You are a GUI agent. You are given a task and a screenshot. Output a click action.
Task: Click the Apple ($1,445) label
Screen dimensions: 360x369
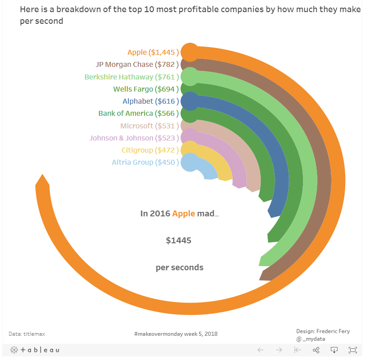coord(153,53)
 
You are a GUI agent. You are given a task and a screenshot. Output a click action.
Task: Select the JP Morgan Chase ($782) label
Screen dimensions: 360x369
coord(137,65)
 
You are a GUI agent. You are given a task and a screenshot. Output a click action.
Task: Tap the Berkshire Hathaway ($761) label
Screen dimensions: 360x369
coord(132,77)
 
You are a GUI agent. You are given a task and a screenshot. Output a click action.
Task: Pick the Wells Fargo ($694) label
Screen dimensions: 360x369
coord(146,89)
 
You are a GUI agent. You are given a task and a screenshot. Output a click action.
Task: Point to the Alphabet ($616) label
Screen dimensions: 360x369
coord(151,101)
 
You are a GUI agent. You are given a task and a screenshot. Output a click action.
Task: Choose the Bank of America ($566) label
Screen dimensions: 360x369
coord(139,114)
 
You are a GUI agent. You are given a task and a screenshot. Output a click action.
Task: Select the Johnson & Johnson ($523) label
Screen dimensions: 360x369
coord(134,138)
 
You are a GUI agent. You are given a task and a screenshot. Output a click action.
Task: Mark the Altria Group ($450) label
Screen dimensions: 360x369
coord(145,162)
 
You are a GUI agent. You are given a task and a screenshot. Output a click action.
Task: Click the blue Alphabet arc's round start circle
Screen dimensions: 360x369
coord(190,101)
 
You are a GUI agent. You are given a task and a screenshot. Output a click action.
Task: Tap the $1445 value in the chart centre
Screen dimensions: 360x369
coord(179,241)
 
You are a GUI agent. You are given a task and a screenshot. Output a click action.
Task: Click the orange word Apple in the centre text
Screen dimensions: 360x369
coord(184,214)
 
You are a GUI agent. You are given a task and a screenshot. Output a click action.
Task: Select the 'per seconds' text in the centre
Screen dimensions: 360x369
coord(180,268)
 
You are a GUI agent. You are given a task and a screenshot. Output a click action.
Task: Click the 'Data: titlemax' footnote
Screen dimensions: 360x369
coord(26,334)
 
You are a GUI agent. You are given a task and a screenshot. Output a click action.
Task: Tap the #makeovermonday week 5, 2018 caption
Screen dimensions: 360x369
coord(176,334)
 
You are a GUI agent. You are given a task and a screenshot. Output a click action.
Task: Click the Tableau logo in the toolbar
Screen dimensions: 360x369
coord(35,350)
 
